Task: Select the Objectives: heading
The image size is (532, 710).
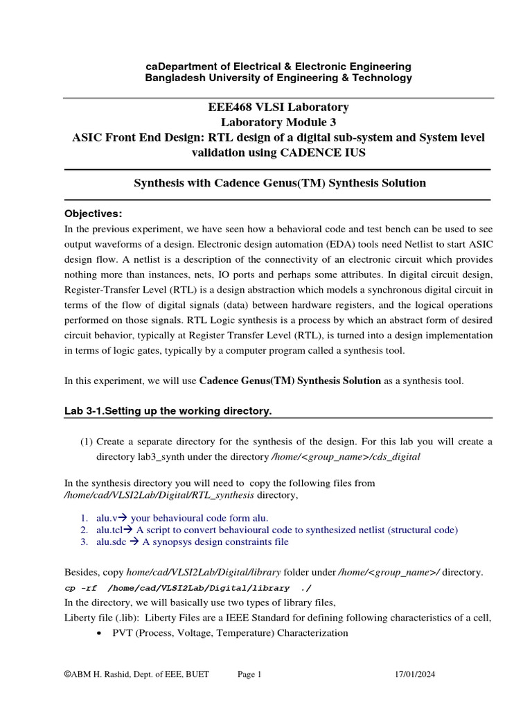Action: pos(93,213)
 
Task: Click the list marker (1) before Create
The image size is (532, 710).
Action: pos(86,442)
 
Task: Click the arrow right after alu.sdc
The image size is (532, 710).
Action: pos(134,542)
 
